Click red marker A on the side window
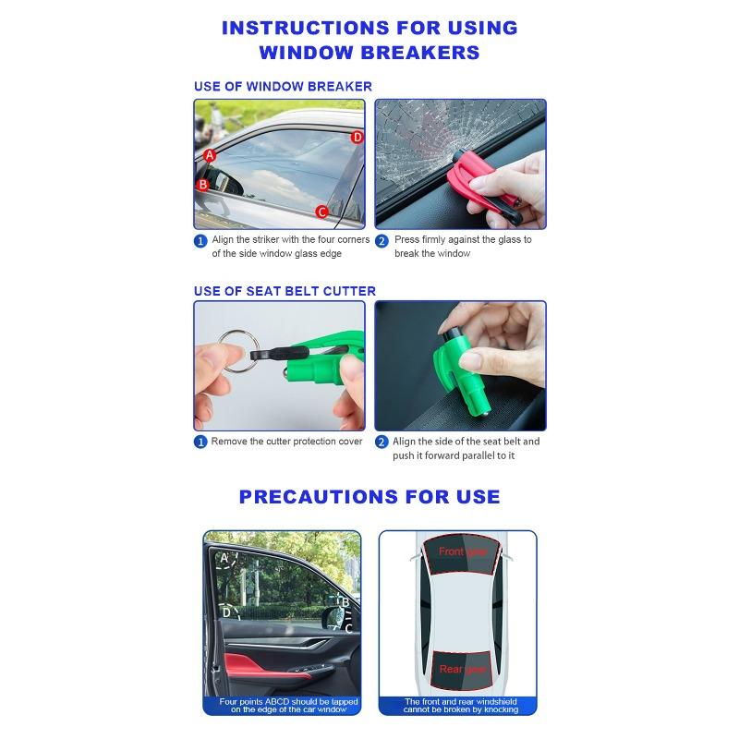[210, 155]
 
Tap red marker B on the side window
[202, 184]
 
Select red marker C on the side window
[321, 212]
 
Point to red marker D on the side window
[357, 138]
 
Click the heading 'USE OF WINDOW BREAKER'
[283, 87]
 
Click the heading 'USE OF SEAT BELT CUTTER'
[285, 291]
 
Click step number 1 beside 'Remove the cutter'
[200, 442]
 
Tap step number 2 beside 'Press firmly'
[382, 241]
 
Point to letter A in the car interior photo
[224, 559]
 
